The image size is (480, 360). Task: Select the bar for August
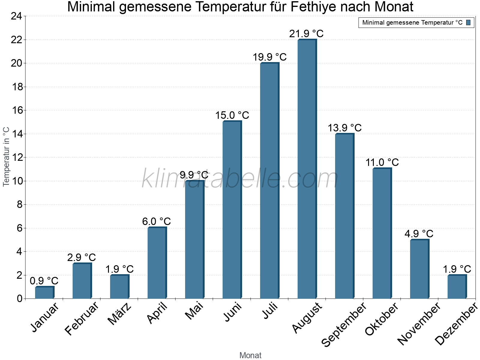pyautogui.click(x=307, y=169)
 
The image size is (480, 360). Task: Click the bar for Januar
pyautogui.click(x=44, y=292)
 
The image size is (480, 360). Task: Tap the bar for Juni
pyautogui.click(x=232, y=210)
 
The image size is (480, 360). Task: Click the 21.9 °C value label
pyautogui.click(x=306, y=34)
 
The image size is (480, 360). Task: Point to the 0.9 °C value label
pyautogui.click(x=44, y=281)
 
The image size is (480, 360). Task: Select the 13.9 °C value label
pyautogui.click(x=344, y=128)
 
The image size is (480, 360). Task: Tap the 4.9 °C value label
pyautogui.click(x=419, y=234)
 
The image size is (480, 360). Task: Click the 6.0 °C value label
pyautogui.click(x=156, y=222)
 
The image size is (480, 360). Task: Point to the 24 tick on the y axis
pyautogui.click(x=16, y=16)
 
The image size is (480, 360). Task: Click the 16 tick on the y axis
pyautogui.click(x=18, y=110)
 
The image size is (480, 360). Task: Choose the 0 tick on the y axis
pyautogui.click(x=20, y=298)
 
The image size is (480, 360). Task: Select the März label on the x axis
pyautogui.click(x=120, y=314)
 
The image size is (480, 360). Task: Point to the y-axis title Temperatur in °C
pyautogui.click(x=6, y=157)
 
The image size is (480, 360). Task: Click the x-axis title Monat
pyautogui.click(x=250, y=355)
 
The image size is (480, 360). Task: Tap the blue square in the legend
pyautogui.click(x=468, y=22)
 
